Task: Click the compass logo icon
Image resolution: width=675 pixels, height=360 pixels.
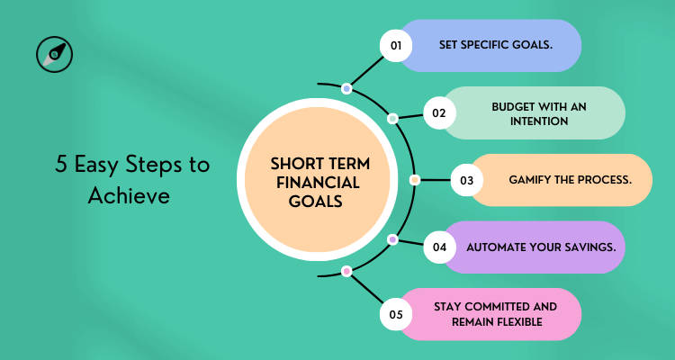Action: click(x=55, y=55)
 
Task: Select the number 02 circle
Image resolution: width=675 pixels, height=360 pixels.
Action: click(x=439, y=113)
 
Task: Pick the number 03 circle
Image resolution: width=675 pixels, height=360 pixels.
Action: click(x=466, y=180)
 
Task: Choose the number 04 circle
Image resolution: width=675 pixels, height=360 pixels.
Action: click(x=439, y=247)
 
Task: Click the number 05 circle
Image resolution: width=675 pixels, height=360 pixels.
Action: click(x=396, y=314)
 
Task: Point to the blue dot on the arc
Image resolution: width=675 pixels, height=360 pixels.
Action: click(x=346, y=88)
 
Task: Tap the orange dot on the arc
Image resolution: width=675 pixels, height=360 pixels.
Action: click(x=414, y=180)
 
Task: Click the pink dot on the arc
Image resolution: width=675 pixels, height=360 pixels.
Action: click(x=346, y=271)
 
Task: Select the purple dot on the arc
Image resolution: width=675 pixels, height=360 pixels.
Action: click(x=392, y=240)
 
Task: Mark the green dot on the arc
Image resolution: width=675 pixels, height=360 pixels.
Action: click(x=392, y=119)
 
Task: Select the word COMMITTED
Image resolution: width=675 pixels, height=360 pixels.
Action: click(x=493, y=307)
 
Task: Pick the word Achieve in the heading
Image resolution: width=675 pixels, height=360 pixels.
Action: click(x=129, y=195)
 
